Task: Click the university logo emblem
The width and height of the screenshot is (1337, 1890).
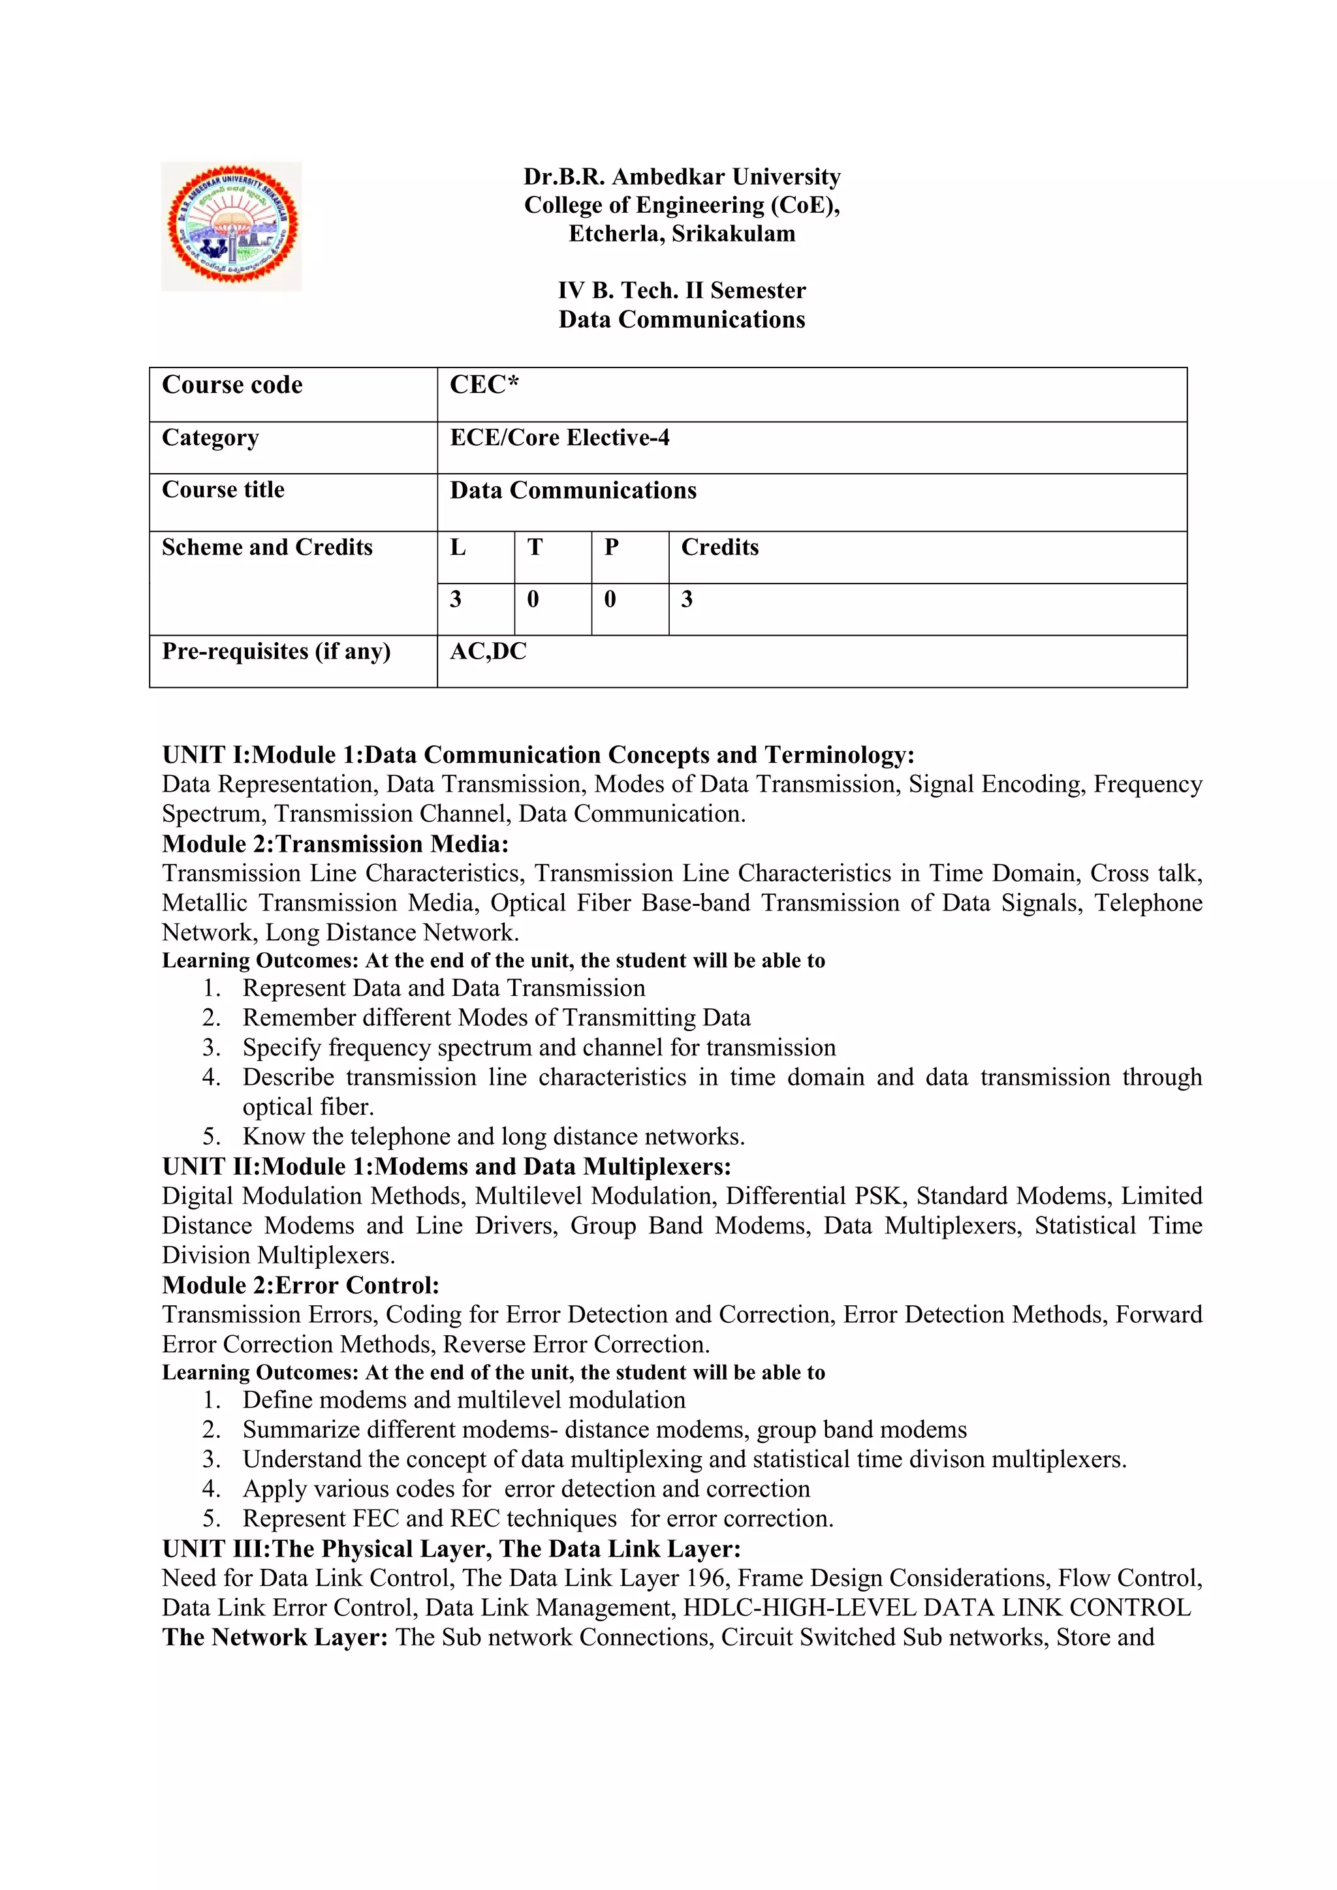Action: (x=231, y=226)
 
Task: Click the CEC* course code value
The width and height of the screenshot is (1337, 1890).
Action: (x=484, y=385)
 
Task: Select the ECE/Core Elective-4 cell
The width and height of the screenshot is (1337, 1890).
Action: (x=560, y=438)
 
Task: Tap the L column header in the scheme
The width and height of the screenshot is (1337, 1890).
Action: (x=458, y=548)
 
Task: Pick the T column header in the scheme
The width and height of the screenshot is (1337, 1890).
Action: (x=535, y=548)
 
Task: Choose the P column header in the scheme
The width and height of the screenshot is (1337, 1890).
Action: (x=611, y=548)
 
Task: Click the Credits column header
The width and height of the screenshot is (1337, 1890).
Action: (x=719, y=548)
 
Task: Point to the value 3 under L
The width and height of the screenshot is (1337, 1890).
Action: (x=455, y=599)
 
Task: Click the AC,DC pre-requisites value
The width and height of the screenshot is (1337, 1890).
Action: (x=488, y=651)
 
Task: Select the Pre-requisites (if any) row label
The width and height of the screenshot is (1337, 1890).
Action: (x=275, y=651)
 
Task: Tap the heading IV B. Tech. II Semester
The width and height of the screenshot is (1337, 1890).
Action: (x=682, y=290)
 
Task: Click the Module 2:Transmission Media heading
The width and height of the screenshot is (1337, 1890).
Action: (x=335, y=844)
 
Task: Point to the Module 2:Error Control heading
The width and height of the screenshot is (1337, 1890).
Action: (x=300, y=1285)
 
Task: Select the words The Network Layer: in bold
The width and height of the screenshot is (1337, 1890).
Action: (x=275, y=1637)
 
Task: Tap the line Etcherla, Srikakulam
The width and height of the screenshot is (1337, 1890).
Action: (x=682, y=234)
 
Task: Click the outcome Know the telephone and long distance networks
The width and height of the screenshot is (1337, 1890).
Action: (x=493, y=1137)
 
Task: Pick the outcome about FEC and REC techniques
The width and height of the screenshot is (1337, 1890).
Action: (x=537, y=1519)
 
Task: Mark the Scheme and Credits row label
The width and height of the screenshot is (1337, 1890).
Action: (x=267, y=548)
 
